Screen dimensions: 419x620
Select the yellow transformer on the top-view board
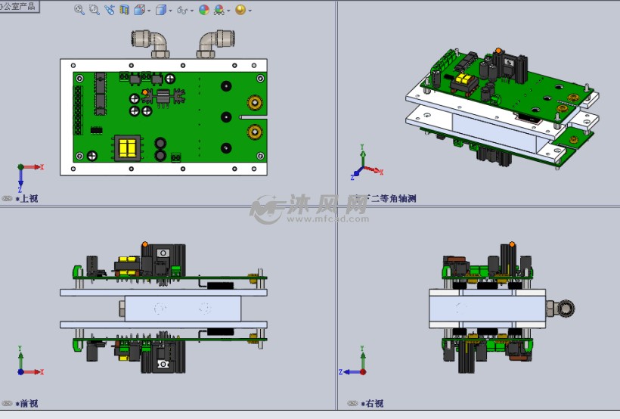point(126,147)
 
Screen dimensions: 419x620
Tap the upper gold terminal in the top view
point(254,103)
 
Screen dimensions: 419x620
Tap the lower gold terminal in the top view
point(254,132)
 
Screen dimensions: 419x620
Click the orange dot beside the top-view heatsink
point(145,92)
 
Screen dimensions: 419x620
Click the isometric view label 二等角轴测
point(392,199)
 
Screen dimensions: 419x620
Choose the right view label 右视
point(374,404)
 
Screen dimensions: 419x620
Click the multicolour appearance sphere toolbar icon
point(204,10)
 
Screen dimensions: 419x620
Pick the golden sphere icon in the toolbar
point(240,10)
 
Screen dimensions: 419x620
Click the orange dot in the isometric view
point(498,51)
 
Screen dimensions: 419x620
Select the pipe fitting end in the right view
point(563,308)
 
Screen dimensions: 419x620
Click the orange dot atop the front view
point(144,244)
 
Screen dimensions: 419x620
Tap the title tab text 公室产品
point(20,6)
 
